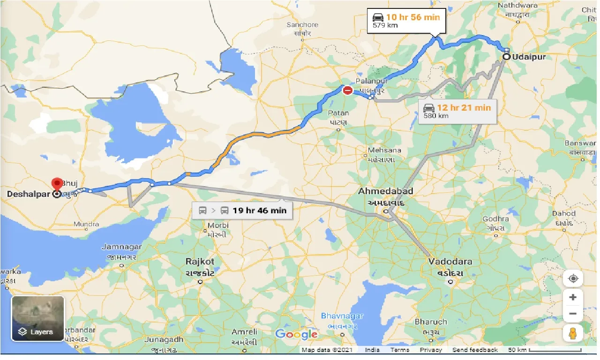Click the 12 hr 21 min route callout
pos(457,111)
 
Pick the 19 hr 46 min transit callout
pos(242,210)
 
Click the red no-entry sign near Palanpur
pos(347,90)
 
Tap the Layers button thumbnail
pos(37,318)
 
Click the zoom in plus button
pos(573,297)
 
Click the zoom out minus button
pos(573,314)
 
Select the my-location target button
pos(573,278)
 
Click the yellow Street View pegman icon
pos(573,333)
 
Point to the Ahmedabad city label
pos(386,191)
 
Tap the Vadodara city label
pos(450,262)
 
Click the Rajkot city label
pos(200,262)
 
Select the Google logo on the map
pos(296,334)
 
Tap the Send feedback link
pos(475,350)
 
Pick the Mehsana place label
pos(384,150)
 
